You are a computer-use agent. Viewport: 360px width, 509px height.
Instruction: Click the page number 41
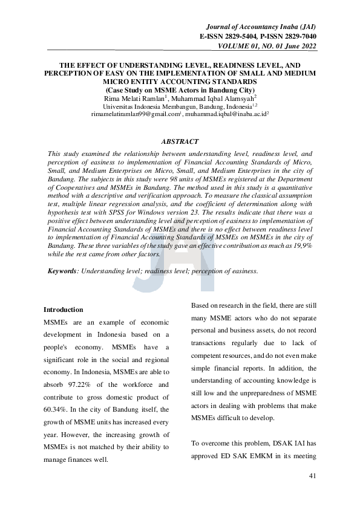pyautogui.click(x=312, y=476)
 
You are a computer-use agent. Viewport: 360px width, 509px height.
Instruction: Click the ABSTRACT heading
pyautogui.click(x=180, y=141)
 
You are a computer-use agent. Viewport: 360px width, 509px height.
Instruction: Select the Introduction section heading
pyautogui.click(x=64, y=310)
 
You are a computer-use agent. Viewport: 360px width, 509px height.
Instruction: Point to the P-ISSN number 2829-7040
pyautogui.click(x=296, y=37)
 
